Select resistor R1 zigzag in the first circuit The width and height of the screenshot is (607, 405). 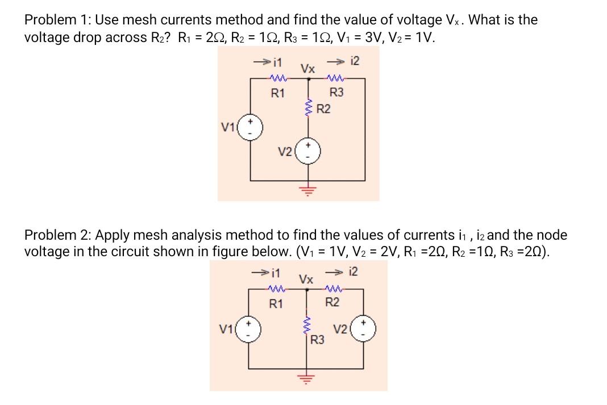coord(277,80)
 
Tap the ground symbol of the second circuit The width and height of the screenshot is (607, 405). coord(309,379)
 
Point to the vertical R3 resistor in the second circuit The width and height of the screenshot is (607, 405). coord(309,331)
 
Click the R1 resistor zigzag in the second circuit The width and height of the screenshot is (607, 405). coord(277,289)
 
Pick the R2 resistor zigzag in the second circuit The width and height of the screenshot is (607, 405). coord(333,289)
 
